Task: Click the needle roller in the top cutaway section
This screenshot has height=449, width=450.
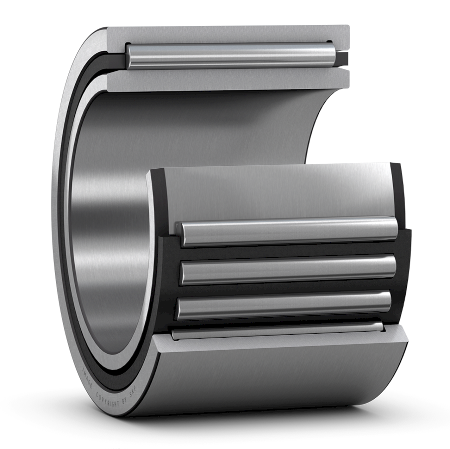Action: (x=230, y=54)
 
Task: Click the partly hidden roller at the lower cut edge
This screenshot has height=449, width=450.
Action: (x=277, y=330)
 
